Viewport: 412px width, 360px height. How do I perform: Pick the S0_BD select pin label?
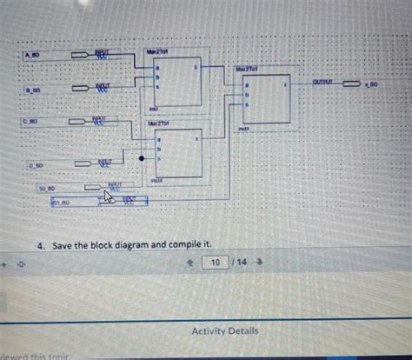[46, 188]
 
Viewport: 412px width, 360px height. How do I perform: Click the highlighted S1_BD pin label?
[62, 203]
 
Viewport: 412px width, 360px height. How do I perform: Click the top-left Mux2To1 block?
[178, 83]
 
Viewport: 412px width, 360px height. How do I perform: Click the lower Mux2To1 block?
[178, 153]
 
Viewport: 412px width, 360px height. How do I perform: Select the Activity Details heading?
[224, 331]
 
